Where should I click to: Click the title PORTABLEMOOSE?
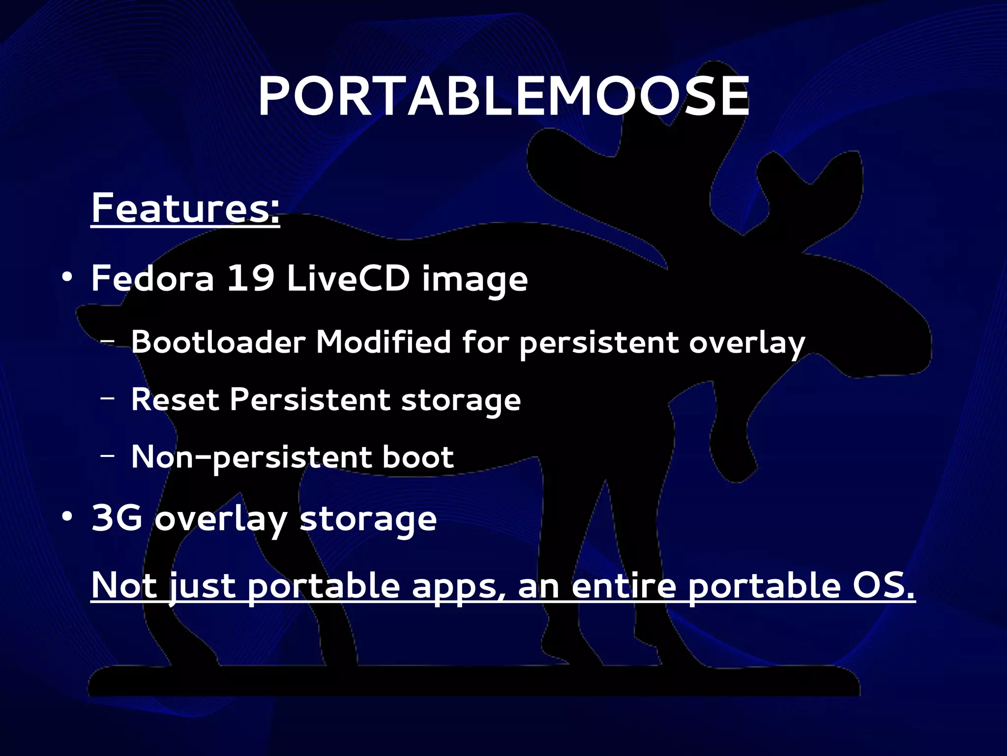503,97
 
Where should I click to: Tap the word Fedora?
153,278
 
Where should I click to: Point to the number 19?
250,278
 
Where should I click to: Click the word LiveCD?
348,278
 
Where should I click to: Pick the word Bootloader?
218,342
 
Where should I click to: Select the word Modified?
383,342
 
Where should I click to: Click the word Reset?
175,399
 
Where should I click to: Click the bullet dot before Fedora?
67,278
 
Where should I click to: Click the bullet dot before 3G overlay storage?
67,517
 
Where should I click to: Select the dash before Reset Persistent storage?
108,398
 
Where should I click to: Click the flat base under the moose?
472,681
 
